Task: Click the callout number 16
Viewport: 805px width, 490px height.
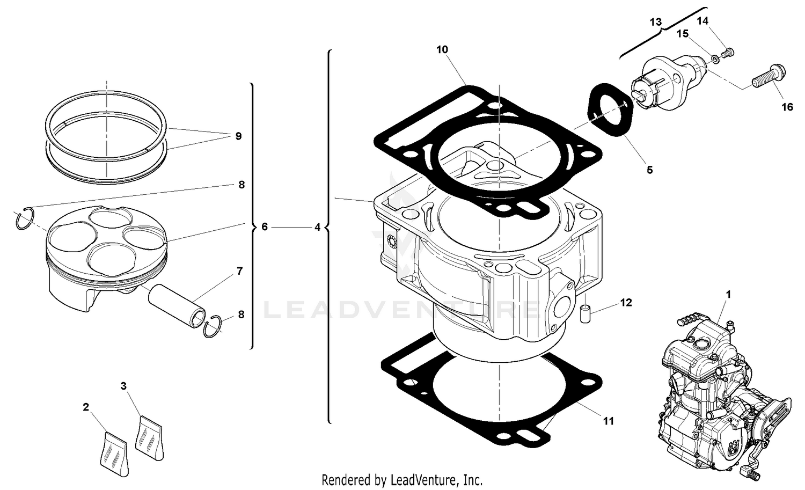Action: point(787,107)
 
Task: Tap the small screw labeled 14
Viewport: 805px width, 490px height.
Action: point(728,52)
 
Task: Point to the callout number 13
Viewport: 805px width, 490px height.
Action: point(655,22)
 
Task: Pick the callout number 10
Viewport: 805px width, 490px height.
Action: point(442,49)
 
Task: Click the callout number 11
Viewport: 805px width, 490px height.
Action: point(608,421)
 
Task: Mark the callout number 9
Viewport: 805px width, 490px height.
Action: point(238,136)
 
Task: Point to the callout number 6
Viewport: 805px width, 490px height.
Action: point(265,227)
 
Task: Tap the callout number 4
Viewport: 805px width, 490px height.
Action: point(317,228)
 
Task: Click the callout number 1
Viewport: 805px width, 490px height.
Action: point(728,295)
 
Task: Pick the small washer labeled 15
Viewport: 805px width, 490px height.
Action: point(715,58)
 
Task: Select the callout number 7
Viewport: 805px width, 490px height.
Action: point(239,271)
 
